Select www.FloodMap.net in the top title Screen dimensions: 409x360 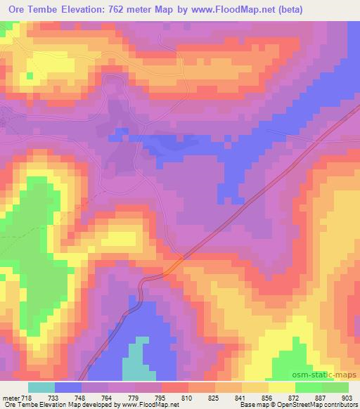[x=235, y=9]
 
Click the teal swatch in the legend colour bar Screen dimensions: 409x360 [x=41, y=388]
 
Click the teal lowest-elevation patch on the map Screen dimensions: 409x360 [x=136, y=358]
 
